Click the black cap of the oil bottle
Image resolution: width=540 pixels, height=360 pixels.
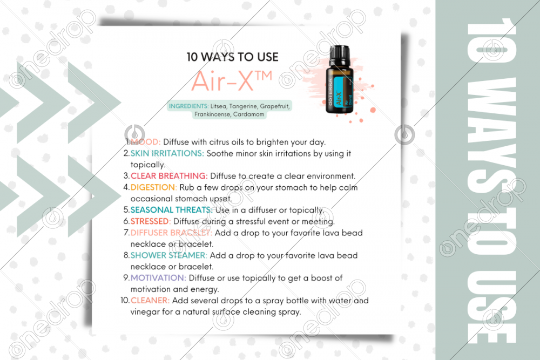click(340, 56)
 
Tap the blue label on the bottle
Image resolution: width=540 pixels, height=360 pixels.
click(339, 92)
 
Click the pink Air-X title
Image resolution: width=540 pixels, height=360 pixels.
click(232, 81)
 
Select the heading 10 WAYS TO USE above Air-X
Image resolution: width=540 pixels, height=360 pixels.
click(232, 57)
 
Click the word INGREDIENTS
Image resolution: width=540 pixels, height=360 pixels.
click(188, 106)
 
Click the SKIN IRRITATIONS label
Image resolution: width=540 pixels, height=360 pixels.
click(167, 153)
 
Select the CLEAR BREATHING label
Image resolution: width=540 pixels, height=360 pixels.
click(169, 176)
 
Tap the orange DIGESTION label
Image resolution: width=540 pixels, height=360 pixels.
click(153, 187)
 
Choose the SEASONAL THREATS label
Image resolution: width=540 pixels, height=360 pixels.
click(172, 210)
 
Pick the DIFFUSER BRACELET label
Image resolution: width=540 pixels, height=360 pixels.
click(171, 233)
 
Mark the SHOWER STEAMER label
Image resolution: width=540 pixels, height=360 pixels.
click(168, 255)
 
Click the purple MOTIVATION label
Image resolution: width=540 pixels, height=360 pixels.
click(158, 278)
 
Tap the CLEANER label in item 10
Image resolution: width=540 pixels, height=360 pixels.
click(150, 301)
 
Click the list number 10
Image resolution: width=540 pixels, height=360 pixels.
click(125, 301)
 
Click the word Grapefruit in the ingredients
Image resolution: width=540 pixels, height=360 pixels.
click(275, 106)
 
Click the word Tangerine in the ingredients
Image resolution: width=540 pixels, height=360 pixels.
click(243, 106)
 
